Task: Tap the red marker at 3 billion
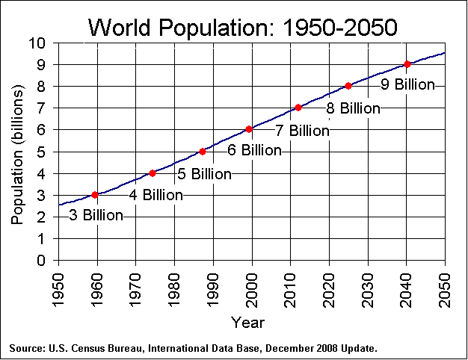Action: point(95,195)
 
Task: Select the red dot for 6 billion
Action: point(249,129)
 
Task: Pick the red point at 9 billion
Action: point(407,64)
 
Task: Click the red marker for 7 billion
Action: point(298,108)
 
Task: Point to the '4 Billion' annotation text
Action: point(156,195)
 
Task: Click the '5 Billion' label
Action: point(204,174)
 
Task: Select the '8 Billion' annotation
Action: point(353,108)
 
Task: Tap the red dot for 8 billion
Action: point(348,86)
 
